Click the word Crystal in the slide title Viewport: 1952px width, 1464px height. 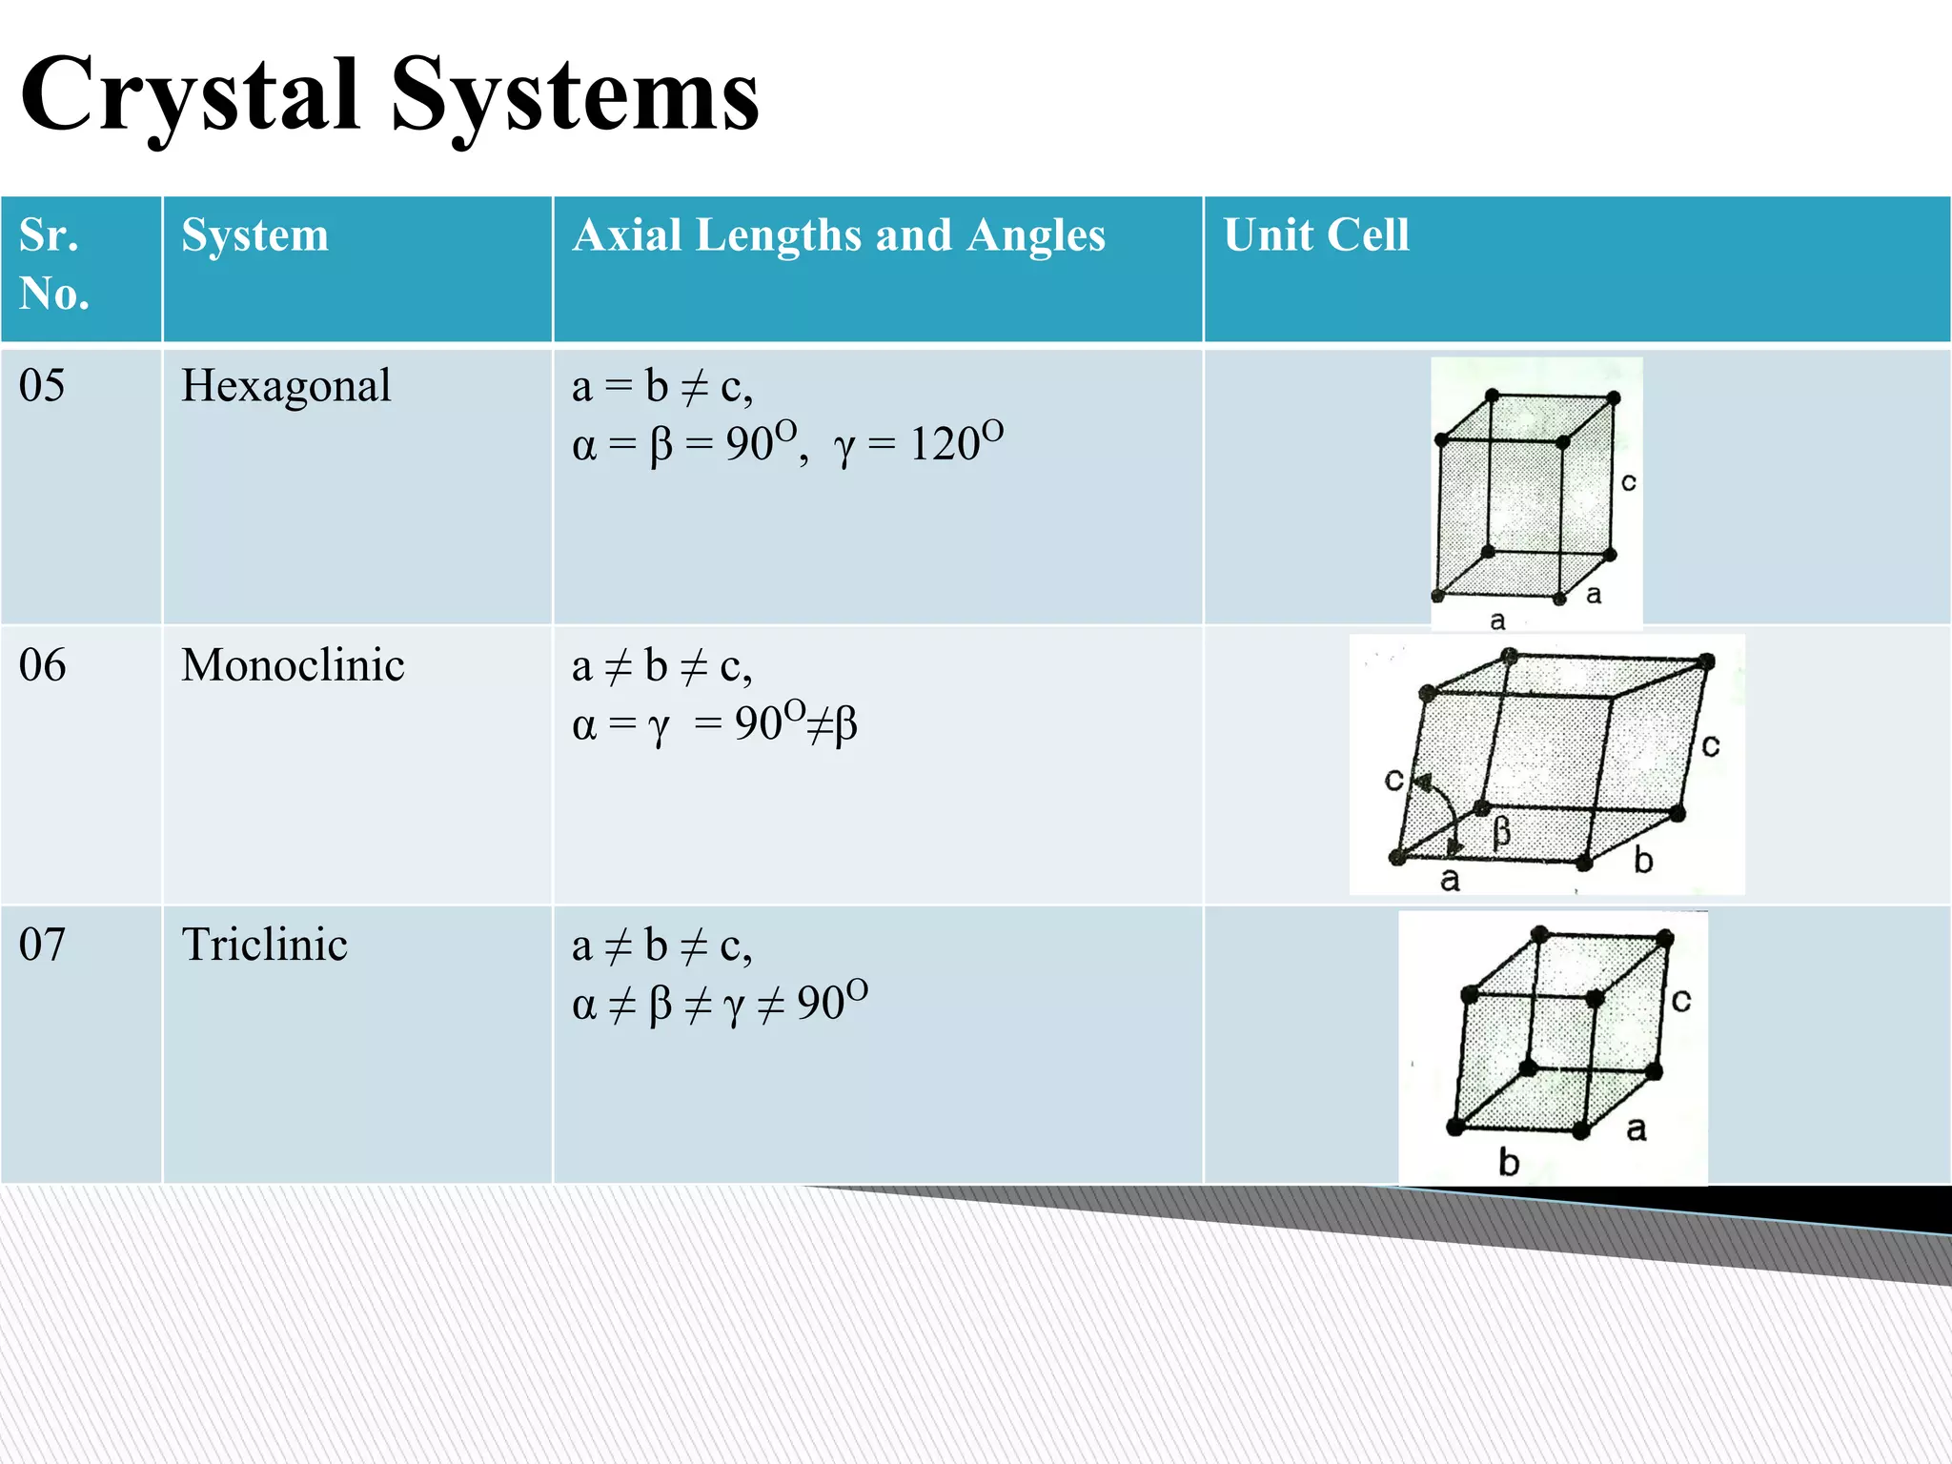coord(191,95)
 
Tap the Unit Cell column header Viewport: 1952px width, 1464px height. coord(1315,234)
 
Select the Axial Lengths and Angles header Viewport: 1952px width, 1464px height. coord(839,234)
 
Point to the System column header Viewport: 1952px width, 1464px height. coord(254,234)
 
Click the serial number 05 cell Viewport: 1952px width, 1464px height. coord(42,386)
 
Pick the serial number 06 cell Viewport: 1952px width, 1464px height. coord(42,665)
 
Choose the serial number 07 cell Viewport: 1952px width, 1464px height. coord(42,945)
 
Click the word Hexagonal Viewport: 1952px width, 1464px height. coord(286,386)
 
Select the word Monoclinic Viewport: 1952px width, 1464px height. coord(293,665)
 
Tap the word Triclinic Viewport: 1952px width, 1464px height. coord(264,945)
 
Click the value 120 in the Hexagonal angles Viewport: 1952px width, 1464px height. coord(945,444)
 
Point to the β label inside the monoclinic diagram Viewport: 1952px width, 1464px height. coord(1502,832)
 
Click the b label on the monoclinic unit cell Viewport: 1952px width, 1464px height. coord(1643,860)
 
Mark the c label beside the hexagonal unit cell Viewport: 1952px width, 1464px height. coord(1629,482)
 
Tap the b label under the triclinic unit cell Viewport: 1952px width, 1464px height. coord(1508,1162)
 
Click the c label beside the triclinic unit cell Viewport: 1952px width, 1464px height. coord(1681,1000)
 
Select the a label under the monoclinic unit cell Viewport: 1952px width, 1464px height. coord(1450,879)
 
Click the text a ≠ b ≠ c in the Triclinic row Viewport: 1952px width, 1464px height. coord(661,945)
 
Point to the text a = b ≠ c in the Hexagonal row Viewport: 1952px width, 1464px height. coord(661,387)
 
